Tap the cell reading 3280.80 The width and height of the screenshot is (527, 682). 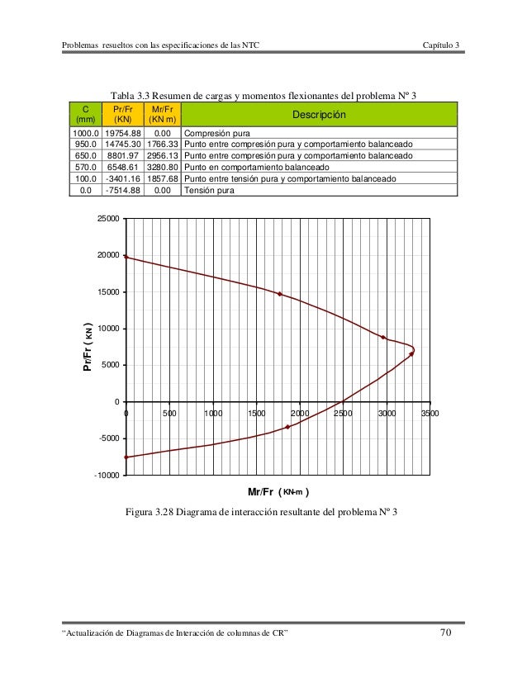coord(162,166)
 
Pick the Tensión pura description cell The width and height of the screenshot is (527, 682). coord(208,190)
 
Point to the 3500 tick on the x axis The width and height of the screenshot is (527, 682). coord(429,414)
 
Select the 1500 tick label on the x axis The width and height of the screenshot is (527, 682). coord(256,414)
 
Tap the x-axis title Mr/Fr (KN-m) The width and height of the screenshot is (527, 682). coord(278,493)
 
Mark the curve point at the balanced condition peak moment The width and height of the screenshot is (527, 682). coord(411,353)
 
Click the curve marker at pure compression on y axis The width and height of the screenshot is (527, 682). coord(126,257)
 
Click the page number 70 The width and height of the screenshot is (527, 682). coord(446,632)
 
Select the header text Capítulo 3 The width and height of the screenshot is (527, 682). coord(441,44)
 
